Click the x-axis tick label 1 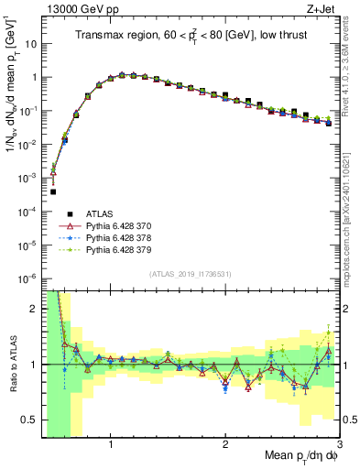click(111, 445)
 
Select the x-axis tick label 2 click(225, 445)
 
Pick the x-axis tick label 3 click(339, 445)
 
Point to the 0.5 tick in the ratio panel click(29, 420)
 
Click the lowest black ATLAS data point click(53, 191)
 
